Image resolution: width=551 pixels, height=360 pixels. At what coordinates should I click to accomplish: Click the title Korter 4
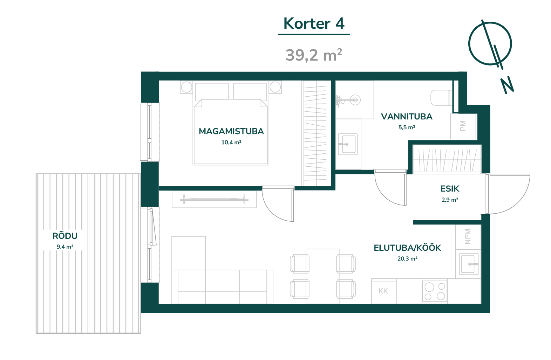pos(314,23)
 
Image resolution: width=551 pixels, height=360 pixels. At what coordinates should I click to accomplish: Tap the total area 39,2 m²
pos(314,55)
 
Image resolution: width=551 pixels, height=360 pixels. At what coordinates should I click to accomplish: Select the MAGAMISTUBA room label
pos(231,131)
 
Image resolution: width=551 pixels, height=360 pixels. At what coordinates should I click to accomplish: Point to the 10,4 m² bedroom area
pos(231,142)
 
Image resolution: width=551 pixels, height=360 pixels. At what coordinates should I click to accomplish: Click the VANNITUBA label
pos(407,117)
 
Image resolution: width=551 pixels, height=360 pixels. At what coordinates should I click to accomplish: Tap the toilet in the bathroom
pos(442,98)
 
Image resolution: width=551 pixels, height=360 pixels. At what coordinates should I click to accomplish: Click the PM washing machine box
pos(464,126)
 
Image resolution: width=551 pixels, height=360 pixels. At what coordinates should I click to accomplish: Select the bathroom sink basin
pos(348,144)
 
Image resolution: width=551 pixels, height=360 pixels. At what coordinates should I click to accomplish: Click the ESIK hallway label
pos(450,189)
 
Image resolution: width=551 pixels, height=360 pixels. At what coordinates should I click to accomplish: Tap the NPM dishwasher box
pos(468,237)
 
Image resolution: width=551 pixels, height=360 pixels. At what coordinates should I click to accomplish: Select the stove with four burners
pos(435,291)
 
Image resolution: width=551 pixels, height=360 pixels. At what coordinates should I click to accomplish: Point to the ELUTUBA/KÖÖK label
pos(407,248)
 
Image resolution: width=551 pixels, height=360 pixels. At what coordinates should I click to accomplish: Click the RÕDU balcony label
pos(65,236)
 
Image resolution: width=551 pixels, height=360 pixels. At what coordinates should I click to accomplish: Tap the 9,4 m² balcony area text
pos(65,247)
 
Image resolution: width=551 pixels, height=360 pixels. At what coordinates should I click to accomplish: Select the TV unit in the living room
pos(214,200)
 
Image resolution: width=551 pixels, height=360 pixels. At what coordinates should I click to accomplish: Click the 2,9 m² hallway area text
pos(450,200)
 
